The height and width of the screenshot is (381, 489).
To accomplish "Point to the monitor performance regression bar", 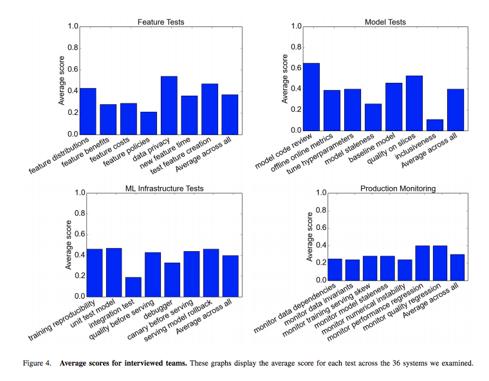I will (x=422, y=263).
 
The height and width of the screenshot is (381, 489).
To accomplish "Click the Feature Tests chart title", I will (x=161, y=22).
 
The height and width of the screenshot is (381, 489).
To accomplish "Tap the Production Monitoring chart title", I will (x=398, y=188).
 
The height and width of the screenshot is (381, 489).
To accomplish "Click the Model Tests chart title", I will (x=385, y=22).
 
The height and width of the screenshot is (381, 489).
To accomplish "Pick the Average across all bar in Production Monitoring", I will (x=456, y=267).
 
